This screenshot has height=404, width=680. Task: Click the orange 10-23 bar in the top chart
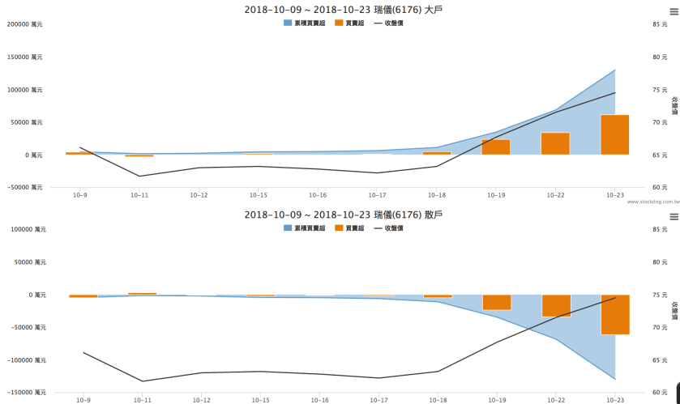614,135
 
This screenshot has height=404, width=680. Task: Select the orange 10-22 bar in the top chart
555,144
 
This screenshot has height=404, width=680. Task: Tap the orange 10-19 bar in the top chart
496,147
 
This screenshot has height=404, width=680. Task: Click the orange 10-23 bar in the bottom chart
614,315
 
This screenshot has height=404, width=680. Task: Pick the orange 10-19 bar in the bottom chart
496,303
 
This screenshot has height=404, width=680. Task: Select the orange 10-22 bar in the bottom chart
555,306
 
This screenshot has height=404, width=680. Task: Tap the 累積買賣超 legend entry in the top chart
305,23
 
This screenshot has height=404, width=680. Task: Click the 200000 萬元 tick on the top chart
24,24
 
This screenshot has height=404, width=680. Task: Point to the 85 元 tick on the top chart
660,24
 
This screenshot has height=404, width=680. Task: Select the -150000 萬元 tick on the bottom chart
24,393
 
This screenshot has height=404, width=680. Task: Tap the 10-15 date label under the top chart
259,195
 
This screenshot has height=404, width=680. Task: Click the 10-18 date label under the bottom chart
437,400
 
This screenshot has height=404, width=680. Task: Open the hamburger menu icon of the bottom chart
673,217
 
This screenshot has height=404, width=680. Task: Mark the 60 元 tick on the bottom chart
660,393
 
